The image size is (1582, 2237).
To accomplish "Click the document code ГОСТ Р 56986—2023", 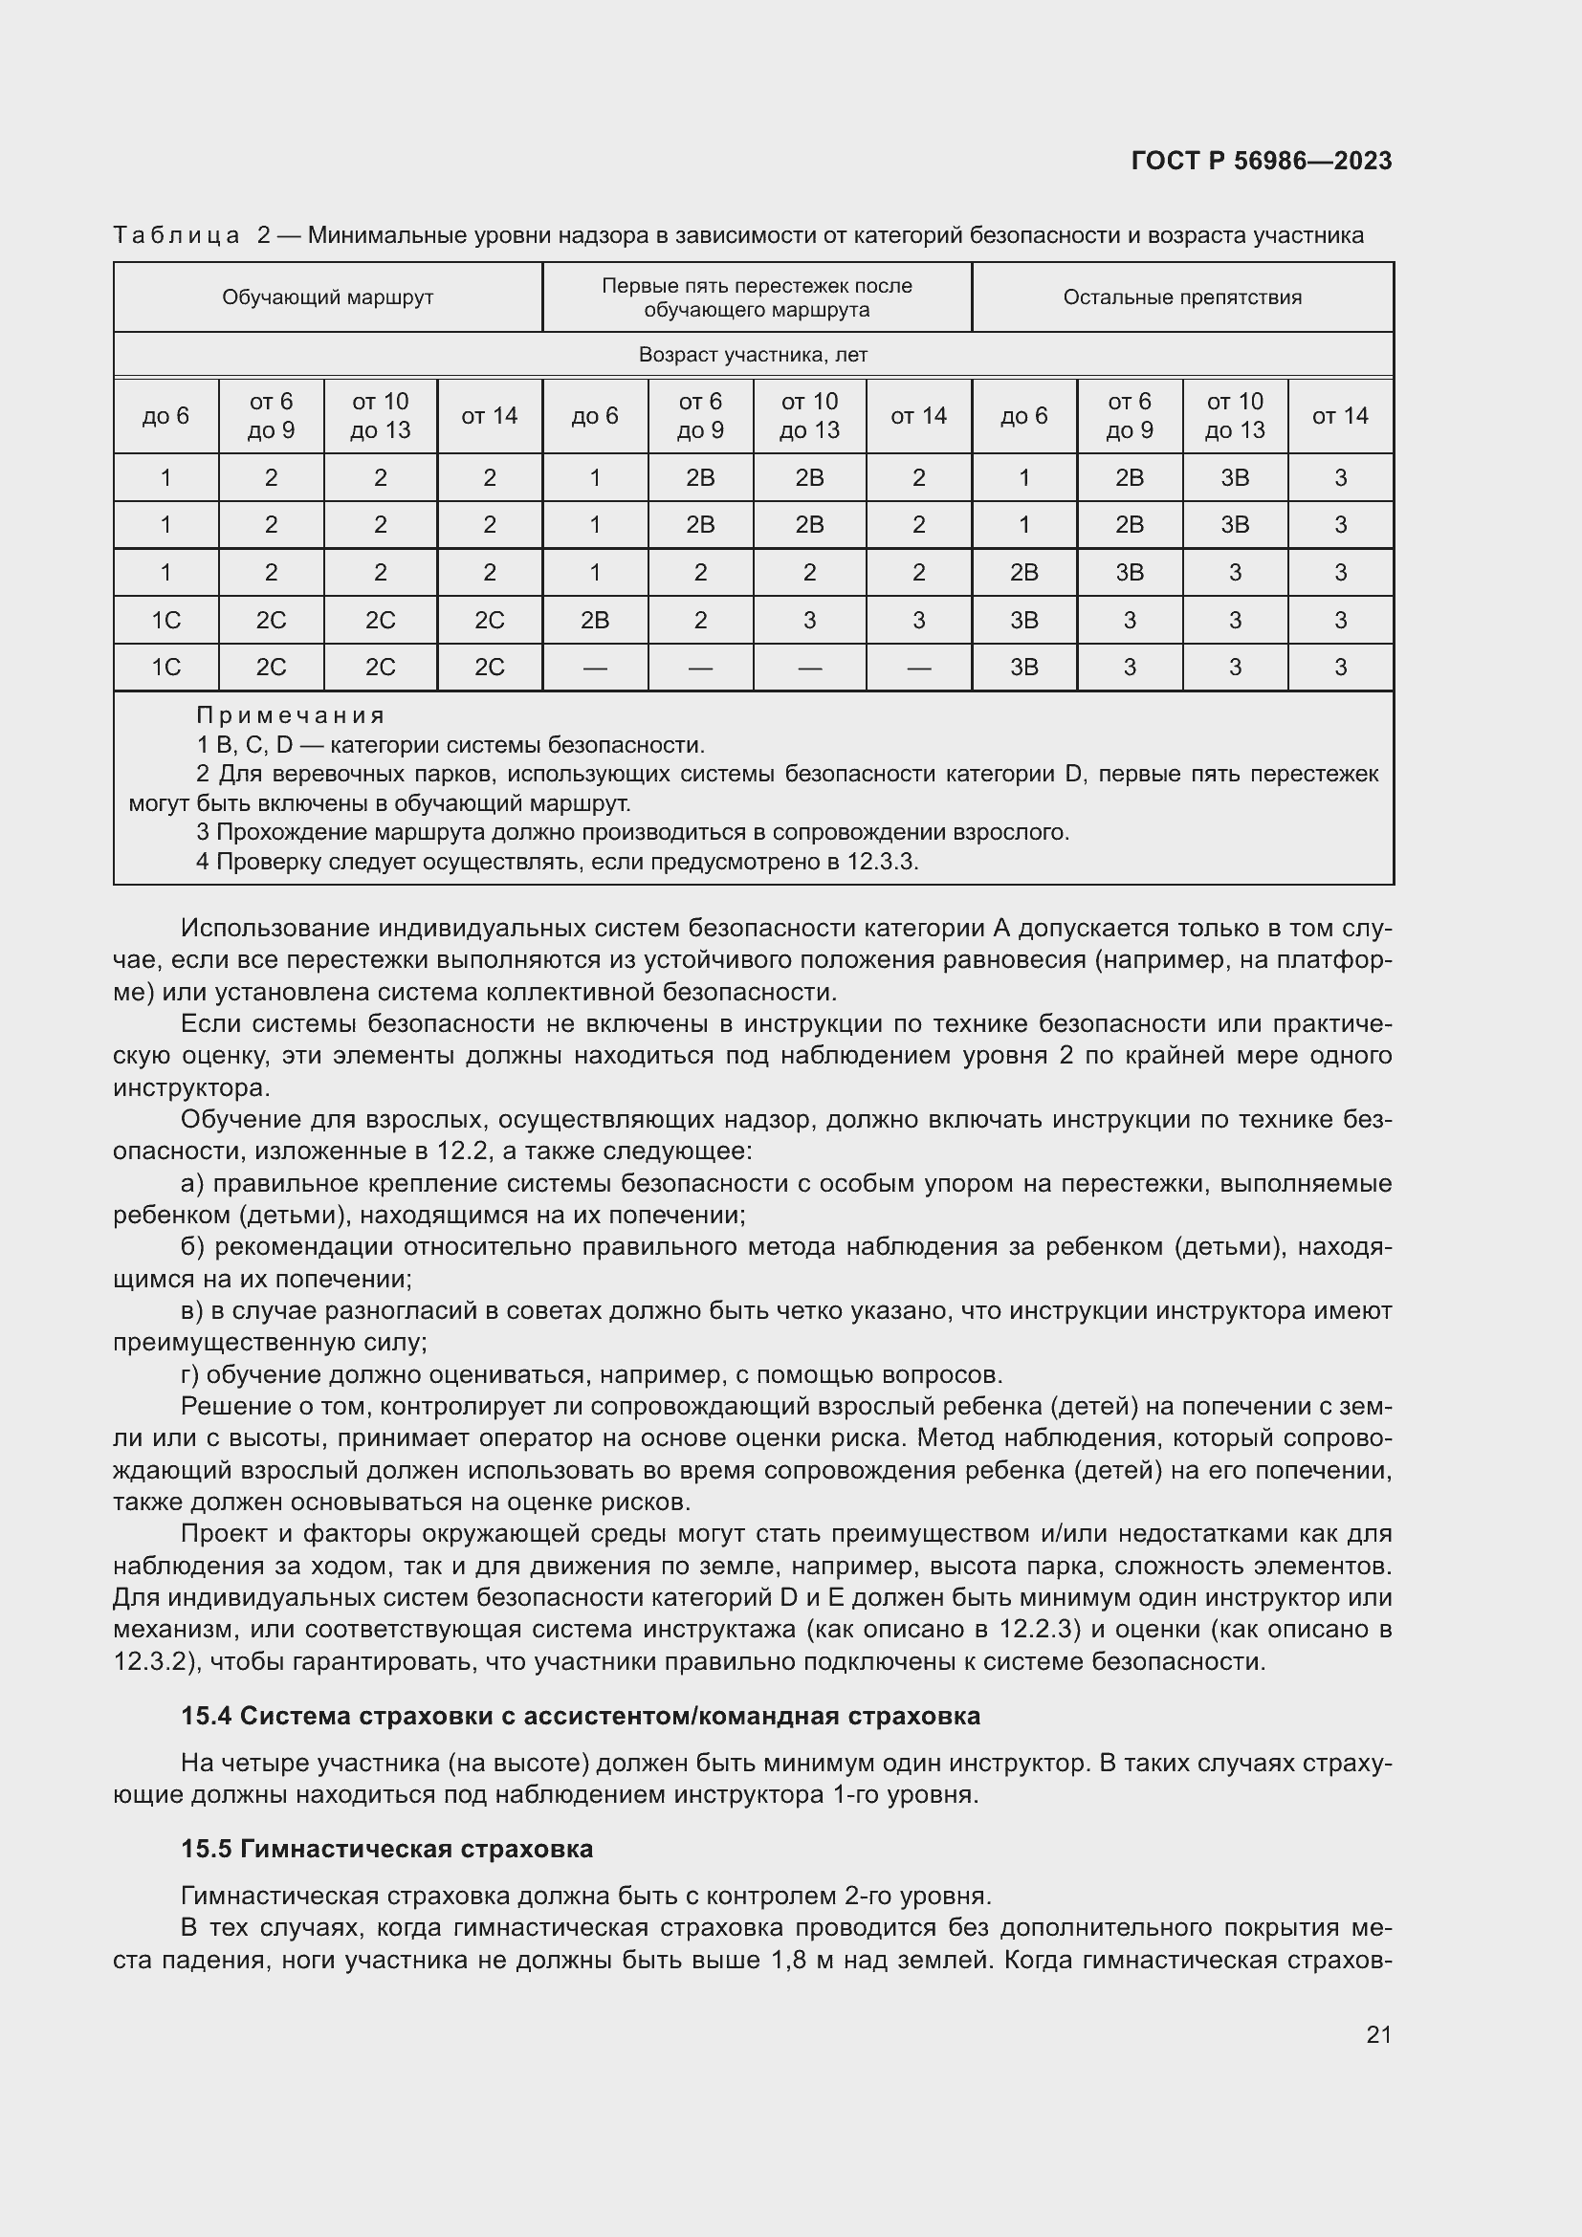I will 1261,161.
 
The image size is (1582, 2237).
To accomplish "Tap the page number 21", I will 1378,2034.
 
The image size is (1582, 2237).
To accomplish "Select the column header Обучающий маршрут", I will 327,297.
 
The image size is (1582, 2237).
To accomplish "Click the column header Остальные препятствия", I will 1181,297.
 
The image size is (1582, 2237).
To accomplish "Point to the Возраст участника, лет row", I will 752,355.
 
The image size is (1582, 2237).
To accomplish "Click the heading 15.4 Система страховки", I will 580,1716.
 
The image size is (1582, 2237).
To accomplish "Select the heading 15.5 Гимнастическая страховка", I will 386,1849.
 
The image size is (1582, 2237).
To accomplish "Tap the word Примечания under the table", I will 291,715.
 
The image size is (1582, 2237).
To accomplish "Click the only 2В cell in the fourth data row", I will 594,620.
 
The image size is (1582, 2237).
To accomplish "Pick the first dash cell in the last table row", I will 594,668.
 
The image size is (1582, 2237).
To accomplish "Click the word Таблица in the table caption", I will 176,235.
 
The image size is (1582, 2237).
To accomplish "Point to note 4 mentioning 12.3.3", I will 557,862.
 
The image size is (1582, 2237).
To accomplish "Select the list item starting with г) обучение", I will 591,1374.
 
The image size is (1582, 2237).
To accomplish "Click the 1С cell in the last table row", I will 165,668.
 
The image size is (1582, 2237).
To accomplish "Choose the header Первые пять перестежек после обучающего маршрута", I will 756,297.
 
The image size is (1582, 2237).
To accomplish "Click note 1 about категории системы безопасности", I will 450,745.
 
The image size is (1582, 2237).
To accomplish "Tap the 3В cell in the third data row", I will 1129,572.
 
